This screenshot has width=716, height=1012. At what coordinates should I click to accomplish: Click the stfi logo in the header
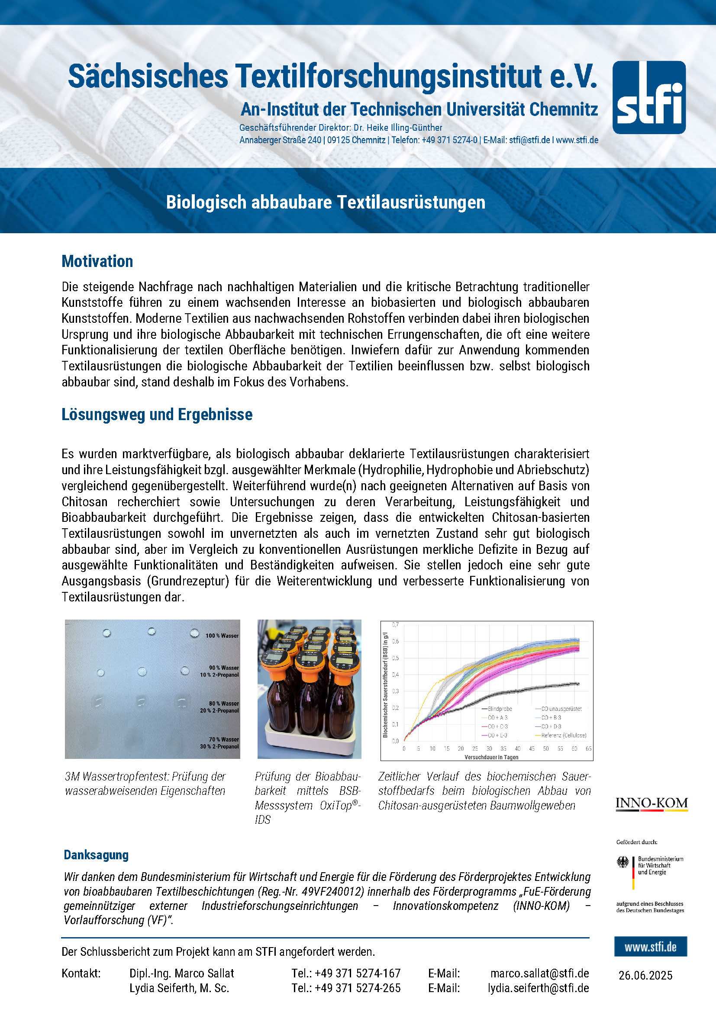pyautogui.click(x=648, y=97)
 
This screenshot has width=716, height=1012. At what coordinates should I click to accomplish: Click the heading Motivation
pyautogui.click(x=97, y=261)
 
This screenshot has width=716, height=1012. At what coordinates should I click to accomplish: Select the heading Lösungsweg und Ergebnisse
pyautogui.click(x=157, y=414)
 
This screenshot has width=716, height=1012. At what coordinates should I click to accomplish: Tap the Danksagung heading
pyautogui.click(x=96, y=855)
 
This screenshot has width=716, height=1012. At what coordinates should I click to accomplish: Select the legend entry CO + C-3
pyautogui.click(x=497, y=726)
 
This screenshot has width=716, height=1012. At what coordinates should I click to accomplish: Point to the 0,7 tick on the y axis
pyautogui.click(x=395, y=625)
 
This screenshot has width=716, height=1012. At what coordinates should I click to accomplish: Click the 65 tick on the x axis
pyautogui.click(x=588, y=749)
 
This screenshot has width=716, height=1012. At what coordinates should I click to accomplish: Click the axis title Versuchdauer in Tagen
pyautogui.click(x=491, y=757)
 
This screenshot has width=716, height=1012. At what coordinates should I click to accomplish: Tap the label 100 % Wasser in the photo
pyautogui.click(x=222, y=636)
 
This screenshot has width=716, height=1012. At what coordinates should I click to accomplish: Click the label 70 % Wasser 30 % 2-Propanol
pyautogui.click(x=219, y=743)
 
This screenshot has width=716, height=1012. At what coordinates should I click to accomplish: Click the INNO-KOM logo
pyautogui.click(x=651, y=803)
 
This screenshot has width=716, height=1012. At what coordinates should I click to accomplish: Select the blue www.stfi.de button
pyautogui.click(x=650, y=947)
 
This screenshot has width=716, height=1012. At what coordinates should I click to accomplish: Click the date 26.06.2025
pyautogui.click(x=645, y=975)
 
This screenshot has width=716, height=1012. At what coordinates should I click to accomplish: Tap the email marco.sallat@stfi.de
pyautogui.click(x=539, y=973)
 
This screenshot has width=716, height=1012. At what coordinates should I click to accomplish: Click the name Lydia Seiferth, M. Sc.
pyautogui.click(x=179, y=988)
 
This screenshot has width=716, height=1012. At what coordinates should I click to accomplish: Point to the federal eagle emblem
pyautogui.click(x=622, y=862)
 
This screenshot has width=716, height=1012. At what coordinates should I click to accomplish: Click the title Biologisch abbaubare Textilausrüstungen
pyautogui.click(x=326, y=202)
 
